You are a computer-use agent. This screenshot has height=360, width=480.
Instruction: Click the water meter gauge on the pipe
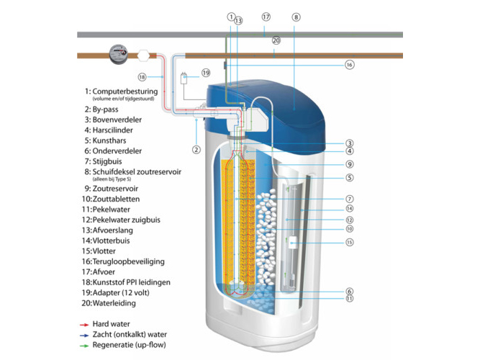[x=117, y=53]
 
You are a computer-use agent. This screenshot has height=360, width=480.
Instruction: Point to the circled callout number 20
[x=276, y=41]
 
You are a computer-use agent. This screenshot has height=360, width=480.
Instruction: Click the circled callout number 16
[x=350, y=65]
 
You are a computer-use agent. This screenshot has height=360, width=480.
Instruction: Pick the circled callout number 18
[x=142, y=76]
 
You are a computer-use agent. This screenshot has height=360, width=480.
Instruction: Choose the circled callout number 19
[x=206, y=73]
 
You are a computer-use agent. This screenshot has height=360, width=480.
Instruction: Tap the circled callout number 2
[x=195, y=150]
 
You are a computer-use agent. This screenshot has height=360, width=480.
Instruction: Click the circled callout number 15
[x=350, y=243]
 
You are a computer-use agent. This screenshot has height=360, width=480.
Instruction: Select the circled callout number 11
[x=350, y=298]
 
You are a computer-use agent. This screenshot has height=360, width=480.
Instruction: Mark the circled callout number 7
[x=350, y=198]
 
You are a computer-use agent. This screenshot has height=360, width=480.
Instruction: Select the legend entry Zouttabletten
[x=121, y=198]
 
